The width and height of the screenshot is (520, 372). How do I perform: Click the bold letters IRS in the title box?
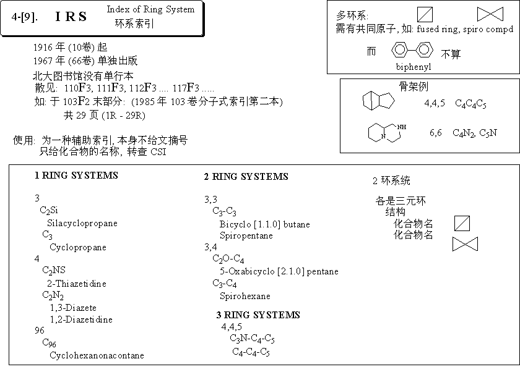pos(71,17)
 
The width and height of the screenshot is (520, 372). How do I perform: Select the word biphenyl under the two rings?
pos(414,67)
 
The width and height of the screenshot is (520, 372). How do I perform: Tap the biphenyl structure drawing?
pos(412,50)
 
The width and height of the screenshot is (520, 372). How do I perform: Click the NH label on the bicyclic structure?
pos(402,127)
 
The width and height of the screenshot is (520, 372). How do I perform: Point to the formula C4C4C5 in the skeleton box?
pos(470,104)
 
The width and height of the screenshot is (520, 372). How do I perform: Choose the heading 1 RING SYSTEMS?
pos(76,175)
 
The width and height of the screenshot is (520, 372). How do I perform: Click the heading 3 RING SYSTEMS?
pos(258,315)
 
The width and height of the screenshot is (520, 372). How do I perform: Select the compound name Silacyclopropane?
pos(82,223)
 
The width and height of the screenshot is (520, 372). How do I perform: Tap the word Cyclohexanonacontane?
pos(97,355)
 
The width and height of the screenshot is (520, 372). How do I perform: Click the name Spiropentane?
pos(246,235)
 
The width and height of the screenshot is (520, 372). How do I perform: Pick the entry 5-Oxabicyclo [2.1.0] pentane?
pos(279,271)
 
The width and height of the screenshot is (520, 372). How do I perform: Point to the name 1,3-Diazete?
pos(73,308)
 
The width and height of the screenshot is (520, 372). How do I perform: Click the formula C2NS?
pos(54,271)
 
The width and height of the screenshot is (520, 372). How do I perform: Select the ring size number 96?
pos(40,331)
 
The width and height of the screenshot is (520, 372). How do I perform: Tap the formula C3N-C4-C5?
pos(252,339)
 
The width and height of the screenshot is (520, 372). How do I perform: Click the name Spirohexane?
pos(245,296)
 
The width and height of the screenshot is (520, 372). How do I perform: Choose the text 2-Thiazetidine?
pos(77,284)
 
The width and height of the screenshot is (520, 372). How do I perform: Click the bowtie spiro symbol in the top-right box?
pos(490,14)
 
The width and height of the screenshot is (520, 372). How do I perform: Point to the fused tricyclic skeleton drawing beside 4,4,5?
pos(378,101)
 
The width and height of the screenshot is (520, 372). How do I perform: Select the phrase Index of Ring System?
pos(150,10)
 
